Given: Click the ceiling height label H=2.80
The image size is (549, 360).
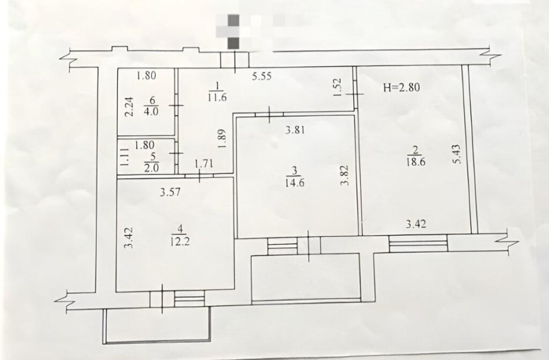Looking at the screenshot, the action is (x=401, y=87).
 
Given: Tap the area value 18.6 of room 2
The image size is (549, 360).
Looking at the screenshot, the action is (x=416, y=162).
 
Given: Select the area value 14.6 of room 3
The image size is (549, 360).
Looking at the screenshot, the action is (x=294, y=182).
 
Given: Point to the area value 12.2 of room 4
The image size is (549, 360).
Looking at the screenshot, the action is (x=180, y=241).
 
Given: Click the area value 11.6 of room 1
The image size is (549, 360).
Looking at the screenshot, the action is (x=217, y=97).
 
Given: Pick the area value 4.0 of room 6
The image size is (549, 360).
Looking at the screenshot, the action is (x=152, y=112).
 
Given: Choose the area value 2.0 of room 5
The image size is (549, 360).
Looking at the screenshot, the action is (x=152, y=168).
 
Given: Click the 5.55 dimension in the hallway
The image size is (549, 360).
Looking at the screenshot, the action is (x=262, y=76).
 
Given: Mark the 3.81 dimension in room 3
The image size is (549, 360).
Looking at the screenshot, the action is (x=295, y=130).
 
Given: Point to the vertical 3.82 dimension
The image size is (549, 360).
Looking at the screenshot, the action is (x=344, y=175).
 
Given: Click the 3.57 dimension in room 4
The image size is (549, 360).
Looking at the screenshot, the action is (x=170, y=192).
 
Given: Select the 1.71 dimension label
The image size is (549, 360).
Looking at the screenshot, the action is (x=204, y=163).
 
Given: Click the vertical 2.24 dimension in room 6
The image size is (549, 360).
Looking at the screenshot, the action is (x=129, y=107).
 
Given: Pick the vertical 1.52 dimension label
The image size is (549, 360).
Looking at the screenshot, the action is (x=337, y=87).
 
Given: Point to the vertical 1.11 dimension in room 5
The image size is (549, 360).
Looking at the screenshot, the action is (x=124, y=156).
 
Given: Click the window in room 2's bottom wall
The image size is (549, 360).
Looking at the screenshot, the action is (x=418, y=243).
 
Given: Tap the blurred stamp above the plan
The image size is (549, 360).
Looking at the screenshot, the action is (x=244, y=31).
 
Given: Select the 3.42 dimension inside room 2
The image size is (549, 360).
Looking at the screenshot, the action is (x=416, y=223).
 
